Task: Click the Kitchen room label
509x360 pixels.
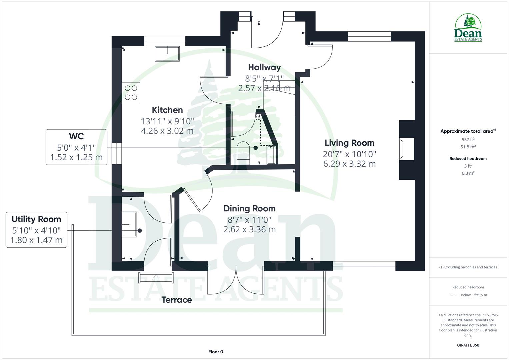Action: click(x=167, y=110)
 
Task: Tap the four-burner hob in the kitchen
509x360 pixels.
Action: click(x=131, y=93)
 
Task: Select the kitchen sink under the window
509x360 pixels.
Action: click(x=167, y=54)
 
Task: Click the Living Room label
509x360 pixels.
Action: click(x=349, y=143)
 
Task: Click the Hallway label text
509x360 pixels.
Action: click(x=264, y=67)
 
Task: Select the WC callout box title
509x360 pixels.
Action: click(x=76, y=136)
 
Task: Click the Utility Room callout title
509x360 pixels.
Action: click(x=36, y=219)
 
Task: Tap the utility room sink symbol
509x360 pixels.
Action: click(x=129, y=224)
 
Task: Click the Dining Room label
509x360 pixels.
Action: click(x=249, y=209)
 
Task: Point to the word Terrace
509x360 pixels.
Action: click(x=177, y=300)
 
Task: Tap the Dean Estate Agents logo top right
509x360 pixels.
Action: click(x=468, y=28)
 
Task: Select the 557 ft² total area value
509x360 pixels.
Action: click(x=468, y=140)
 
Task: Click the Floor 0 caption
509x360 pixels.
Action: click(x=216, y=352)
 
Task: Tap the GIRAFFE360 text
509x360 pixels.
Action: click(x=468, y=345)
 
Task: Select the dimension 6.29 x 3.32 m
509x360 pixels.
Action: click(x=349, y=164)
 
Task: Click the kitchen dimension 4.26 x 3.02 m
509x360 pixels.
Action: click(x=167, y=131)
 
